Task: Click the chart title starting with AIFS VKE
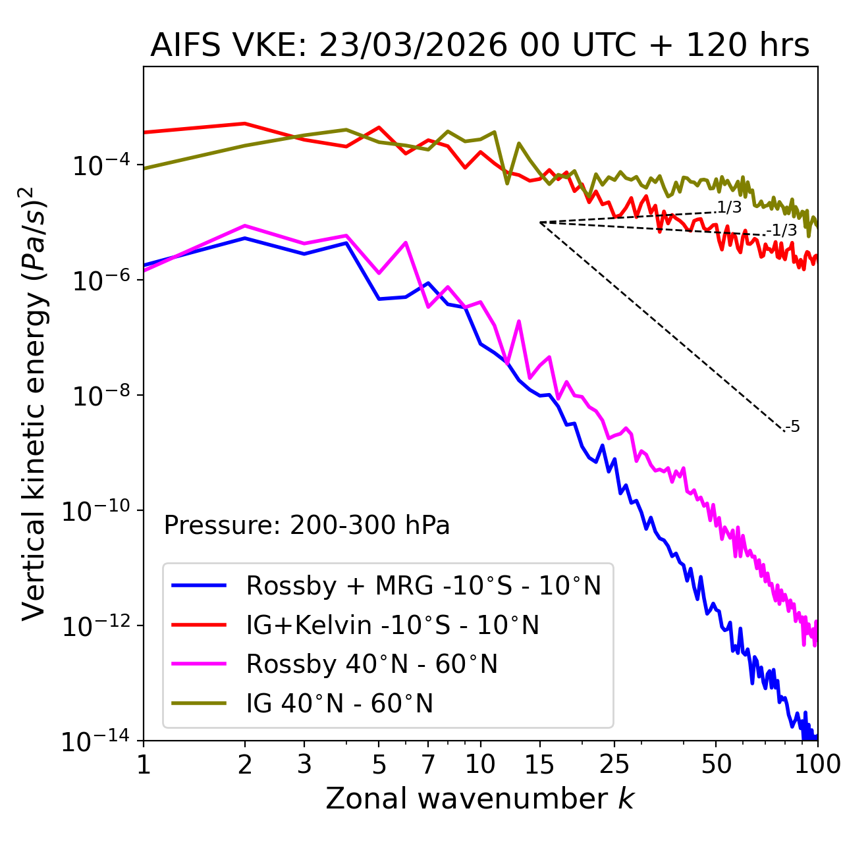(479, 46)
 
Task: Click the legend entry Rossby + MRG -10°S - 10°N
(423, 585)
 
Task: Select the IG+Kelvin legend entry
(393, 625)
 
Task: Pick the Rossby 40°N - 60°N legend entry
(371, 664)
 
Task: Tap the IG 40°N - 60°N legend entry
(339, 704)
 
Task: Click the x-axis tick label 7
(428, 764)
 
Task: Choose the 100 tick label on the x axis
(817, 764)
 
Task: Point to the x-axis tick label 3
(304, 764)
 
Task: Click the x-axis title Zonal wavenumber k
(479, 799)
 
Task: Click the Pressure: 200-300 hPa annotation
(306, 525)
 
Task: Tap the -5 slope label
(793, 427)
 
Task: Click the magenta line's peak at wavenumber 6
(406, 242)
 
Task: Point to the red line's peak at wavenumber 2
(245, 123)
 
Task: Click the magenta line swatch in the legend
(199, 664)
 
